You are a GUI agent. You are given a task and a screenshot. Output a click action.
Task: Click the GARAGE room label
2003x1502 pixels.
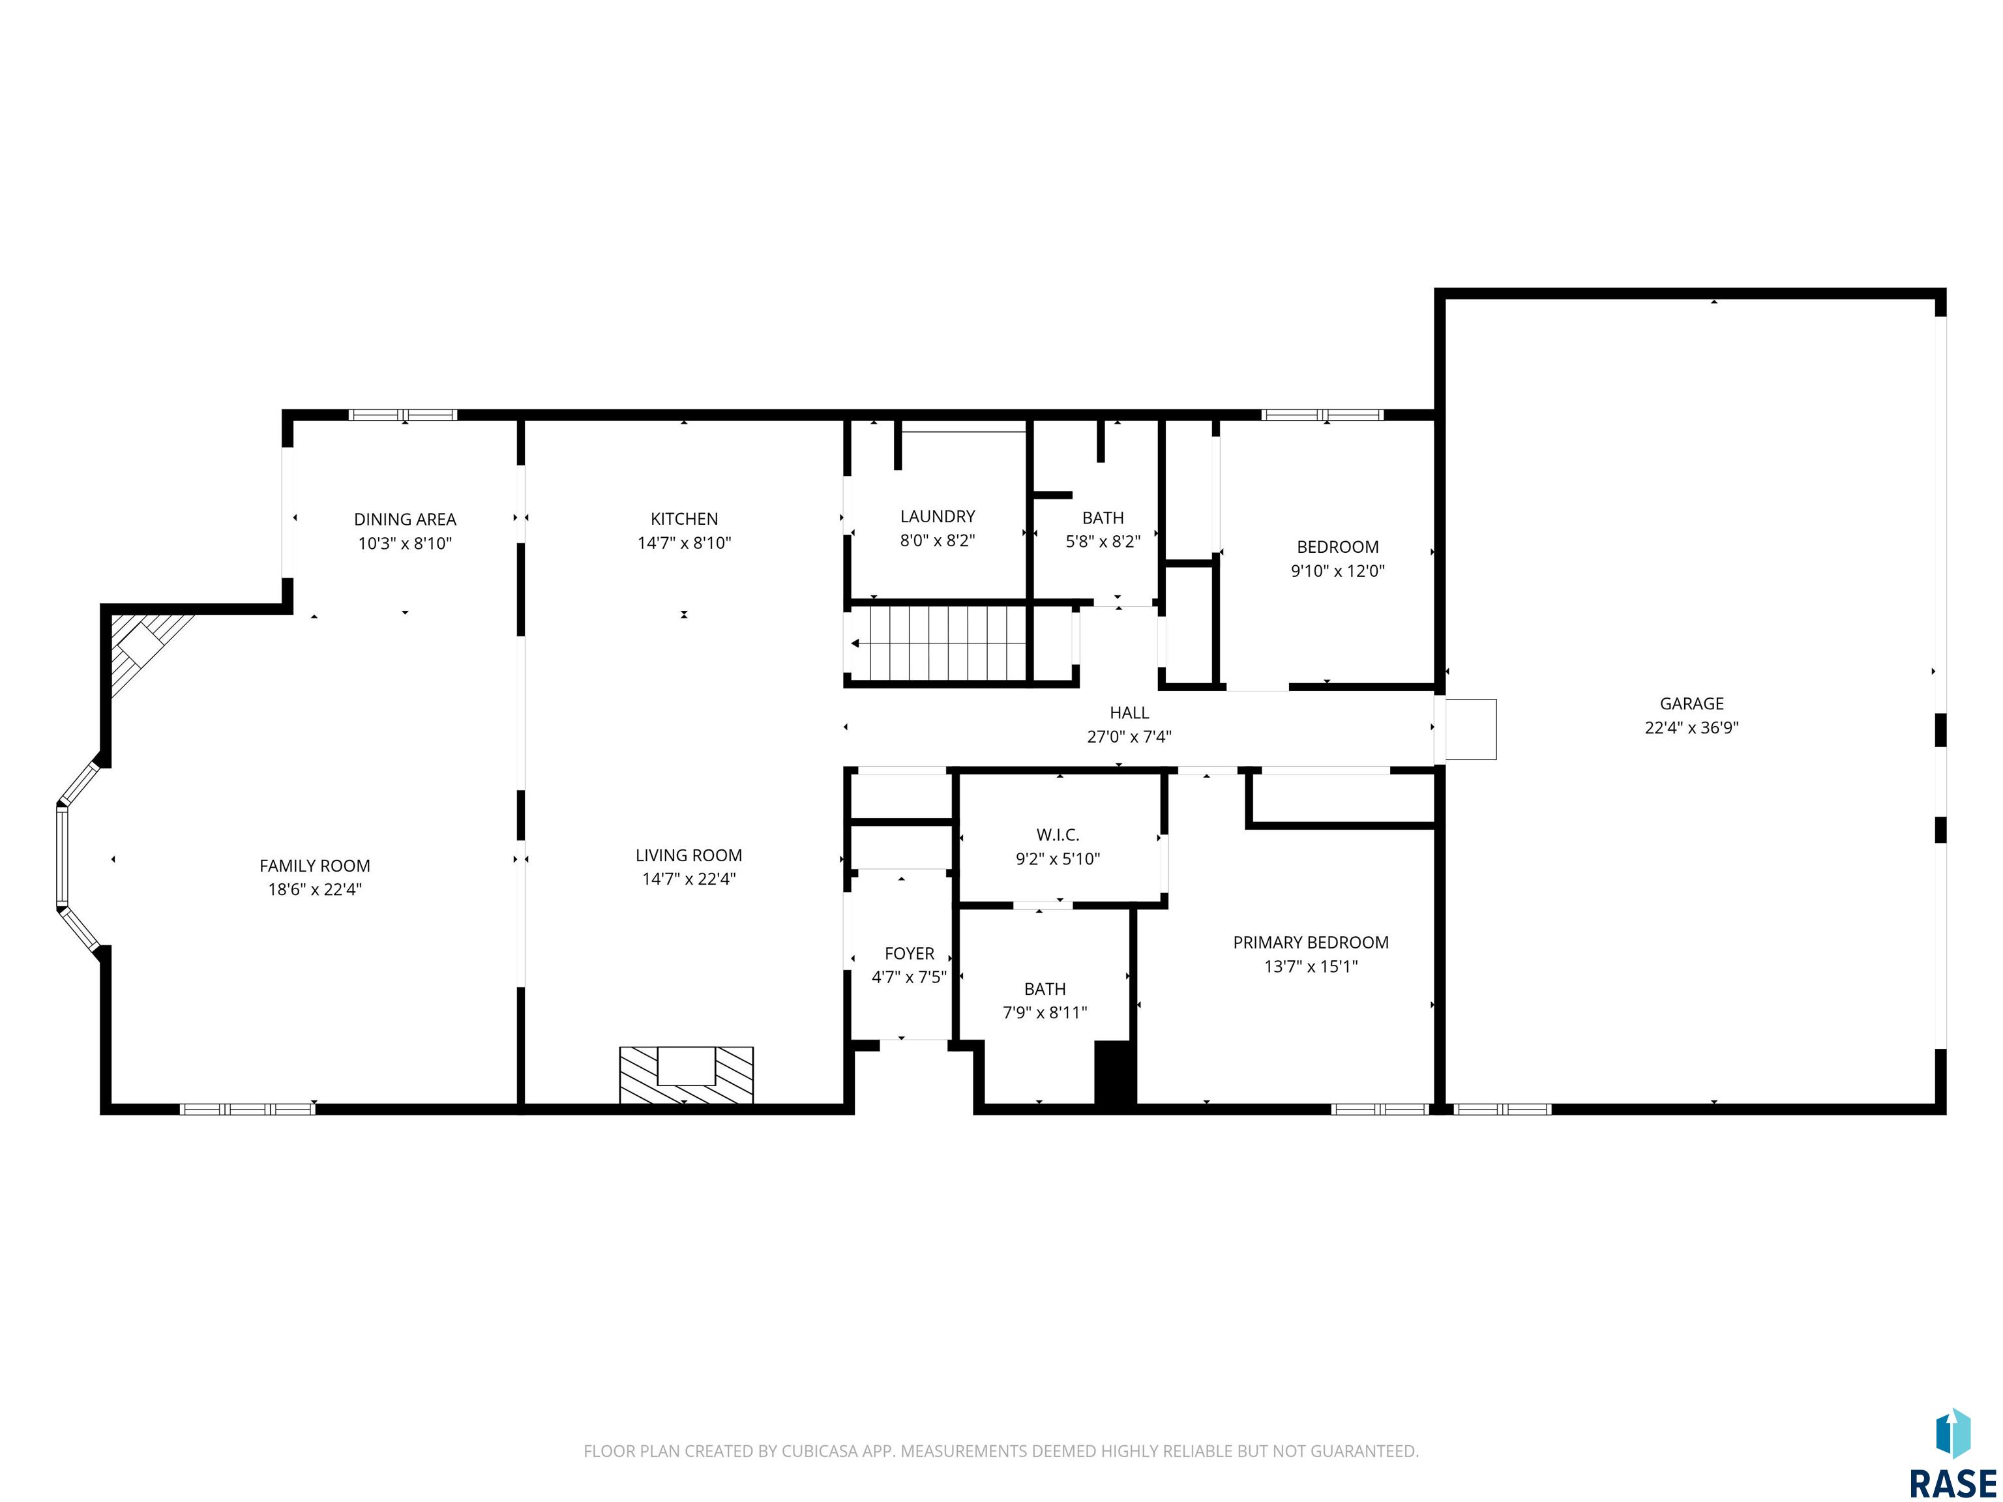pos(1691,703)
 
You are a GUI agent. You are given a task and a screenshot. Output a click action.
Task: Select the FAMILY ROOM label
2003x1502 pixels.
pos(314,866)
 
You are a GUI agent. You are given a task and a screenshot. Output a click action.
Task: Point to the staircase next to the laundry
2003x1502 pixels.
pos(938,643)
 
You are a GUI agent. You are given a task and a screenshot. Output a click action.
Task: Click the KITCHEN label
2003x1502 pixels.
pos(684,519)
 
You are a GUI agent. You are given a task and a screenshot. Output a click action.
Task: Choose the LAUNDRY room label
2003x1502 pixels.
pos(937,516)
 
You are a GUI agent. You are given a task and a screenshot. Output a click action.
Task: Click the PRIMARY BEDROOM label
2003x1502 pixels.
pos(1311,943)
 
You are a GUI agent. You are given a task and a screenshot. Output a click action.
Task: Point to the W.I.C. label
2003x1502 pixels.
pos(1058,834)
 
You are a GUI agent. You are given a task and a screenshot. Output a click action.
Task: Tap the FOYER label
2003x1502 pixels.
pos(909,953)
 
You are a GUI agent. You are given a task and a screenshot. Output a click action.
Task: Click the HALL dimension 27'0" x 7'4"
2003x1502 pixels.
pos(1129,737)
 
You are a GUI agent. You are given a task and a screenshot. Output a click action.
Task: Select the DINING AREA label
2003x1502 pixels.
pos(405,520)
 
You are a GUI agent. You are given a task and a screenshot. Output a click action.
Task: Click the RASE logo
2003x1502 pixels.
pos(1952,1454)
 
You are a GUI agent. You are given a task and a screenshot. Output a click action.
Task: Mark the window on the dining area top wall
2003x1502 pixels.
pos(403,415)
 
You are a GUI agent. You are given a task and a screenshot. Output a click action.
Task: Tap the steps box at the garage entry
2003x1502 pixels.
pos(1470,729)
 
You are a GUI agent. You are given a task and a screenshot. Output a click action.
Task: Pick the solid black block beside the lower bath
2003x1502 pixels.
pos(1115,1073)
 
